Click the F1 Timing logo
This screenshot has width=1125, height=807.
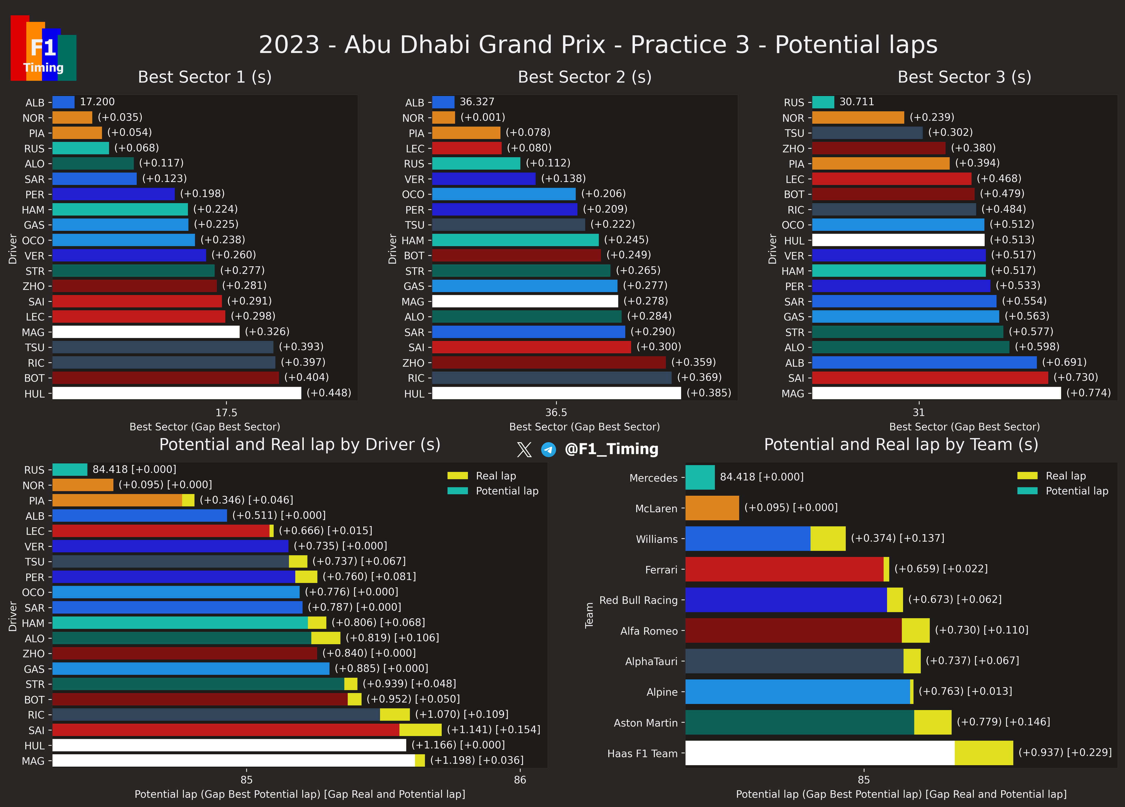click(x=43, y=48)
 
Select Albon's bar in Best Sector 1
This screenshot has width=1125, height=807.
click(x=63, y=102)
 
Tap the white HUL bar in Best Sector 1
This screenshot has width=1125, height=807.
click(x=177, y=393)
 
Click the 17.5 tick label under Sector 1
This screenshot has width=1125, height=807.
click(x=226, y=413)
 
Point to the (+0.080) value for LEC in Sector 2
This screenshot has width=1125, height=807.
click(x=529, y=148)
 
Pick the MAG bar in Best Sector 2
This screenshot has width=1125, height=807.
click(x=525, y=301)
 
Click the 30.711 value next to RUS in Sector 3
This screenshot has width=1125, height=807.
click(x=857, y=102)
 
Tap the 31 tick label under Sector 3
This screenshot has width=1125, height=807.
click(x=919, y=413)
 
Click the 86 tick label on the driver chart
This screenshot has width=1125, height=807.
click(x=520, y=780)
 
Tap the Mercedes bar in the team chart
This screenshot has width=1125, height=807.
click(x=700, y=477)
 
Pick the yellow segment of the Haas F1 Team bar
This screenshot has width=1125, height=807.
click(x=984, y=753)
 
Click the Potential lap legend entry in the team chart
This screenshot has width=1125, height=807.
click(x=1062, y=491)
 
